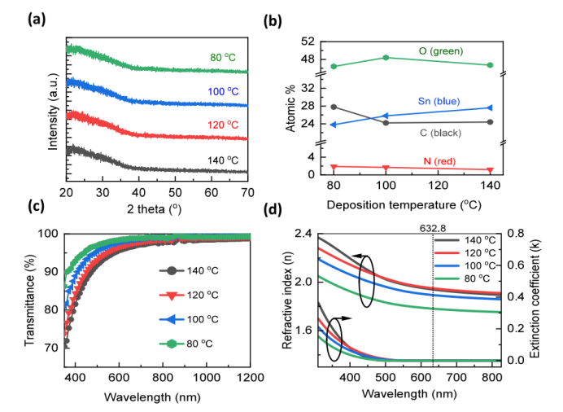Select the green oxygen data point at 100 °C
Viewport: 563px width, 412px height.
click(x=386, y=57)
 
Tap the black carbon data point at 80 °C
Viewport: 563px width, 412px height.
click(x=334, y=107)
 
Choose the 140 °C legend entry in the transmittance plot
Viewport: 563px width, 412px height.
click(x=192, y=270)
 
